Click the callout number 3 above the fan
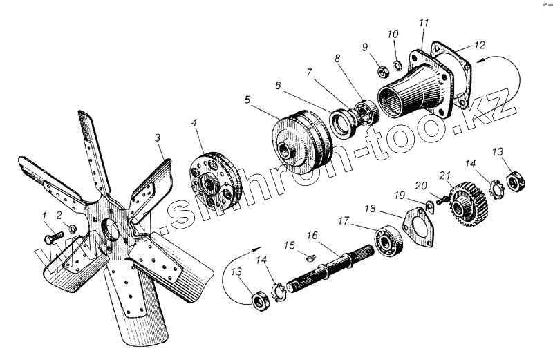click(x=158, y=138)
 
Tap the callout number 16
click(x=312, y=236)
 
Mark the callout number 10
click(x=393, y=34)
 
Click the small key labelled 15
click(x=309, y=258)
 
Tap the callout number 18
click(x=370, y=208)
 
